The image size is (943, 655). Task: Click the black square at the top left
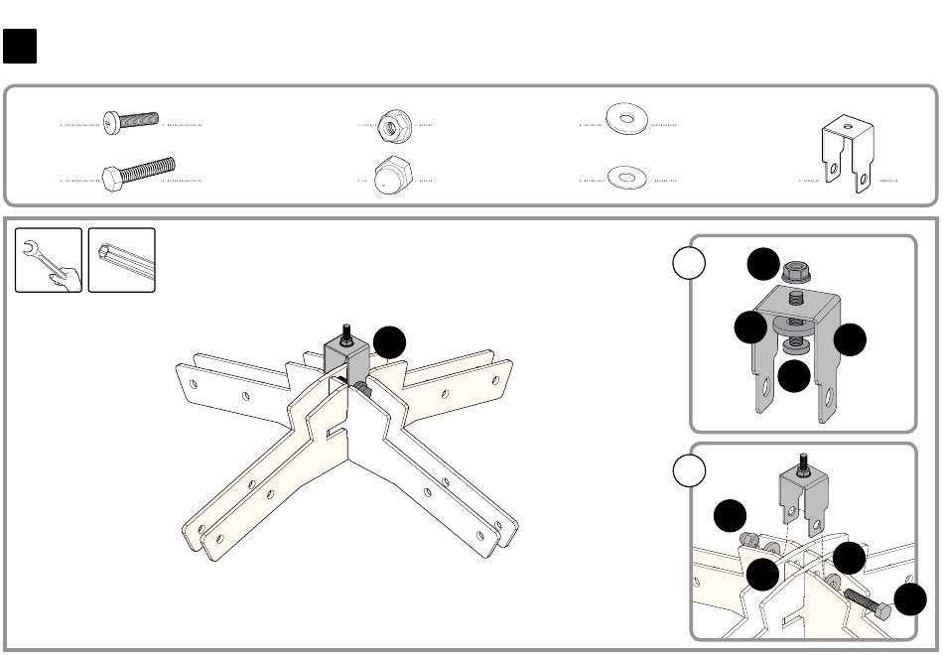coord(20,46)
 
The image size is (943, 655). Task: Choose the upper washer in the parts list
coord(626,121)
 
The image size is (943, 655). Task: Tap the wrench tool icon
coord(49,260)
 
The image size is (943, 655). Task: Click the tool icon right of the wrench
coord(122,260)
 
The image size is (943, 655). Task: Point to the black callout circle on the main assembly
coord(389,343)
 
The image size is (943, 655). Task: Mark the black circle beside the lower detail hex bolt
coord(911,598)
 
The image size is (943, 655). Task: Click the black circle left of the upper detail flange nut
coord(763,264)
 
